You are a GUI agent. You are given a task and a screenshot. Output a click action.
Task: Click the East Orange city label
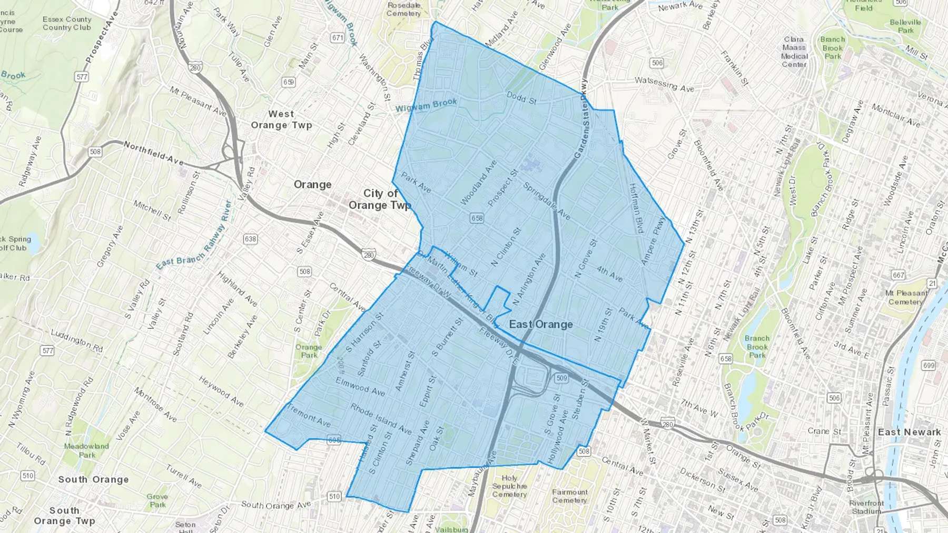click(541, 324)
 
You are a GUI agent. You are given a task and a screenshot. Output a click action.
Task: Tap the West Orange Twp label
click(281, 119)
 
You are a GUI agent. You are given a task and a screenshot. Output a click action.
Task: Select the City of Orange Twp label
click(380, 199)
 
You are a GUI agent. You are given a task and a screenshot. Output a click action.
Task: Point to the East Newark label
click(909, 432)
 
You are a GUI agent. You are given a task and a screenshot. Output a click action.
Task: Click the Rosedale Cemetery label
click(404, 9)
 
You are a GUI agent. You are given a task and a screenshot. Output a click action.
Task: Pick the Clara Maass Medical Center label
click(794, 52)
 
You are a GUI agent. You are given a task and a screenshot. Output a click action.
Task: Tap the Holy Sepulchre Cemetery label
click(509, 486)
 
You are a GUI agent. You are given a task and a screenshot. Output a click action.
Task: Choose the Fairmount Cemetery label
click(570, 496)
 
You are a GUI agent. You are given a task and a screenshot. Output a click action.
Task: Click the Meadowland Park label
click(86, 450)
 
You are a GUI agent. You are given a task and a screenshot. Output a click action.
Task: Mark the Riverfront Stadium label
click(866, 507)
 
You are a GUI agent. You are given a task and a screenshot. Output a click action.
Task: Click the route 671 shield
click(338, 38)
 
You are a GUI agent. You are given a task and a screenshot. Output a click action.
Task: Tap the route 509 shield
click(561, 378)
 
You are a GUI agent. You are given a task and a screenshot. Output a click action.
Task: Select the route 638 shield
click(250, 239)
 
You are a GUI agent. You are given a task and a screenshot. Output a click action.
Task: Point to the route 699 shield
click(929, 365)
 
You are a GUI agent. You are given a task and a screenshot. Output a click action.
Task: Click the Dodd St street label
click(521, 97)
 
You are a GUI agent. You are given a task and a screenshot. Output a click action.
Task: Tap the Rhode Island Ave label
click(381, 419)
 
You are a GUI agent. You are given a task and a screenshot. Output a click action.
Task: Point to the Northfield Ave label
click(154, 152)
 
